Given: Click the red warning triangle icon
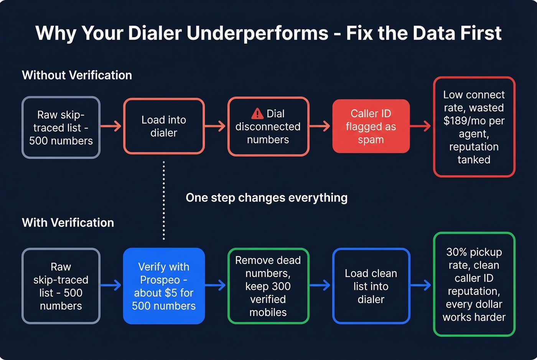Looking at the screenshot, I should (x=257, y=113).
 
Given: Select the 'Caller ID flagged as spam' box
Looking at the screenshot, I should (x=371, y=126).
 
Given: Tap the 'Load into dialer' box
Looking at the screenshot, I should (x=164, y=126).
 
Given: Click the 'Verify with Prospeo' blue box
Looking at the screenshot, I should (x=164, y=286).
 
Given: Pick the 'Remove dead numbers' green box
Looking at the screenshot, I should (x=268, y=286).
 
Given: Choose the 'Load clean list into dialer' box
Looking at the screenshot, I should (x=371, y=286).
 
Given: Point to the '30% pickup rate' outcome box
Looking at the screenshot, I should (x=474, y=284).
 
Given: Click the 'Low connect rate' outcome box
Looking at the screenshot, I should (x=474, y=127).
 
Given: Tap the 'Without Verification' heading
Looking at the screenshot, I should (x=77, y=75).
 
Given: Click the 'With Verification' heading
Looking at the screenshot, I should (x=68, y=223).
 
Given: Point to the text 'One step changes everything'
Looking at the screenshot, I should (x=267, y=198).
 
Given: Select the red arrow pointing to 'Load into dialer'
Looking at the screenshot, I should (x=112, y=126).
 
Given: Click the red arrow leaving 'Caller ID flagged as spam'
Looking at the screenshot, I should (x=421, y=126).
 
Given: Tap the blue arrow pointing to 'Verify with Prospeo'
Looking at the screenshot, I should (x=111, y=285).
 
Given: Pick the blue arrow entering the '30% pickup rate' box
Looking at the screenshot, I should (x=421, y=285).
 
